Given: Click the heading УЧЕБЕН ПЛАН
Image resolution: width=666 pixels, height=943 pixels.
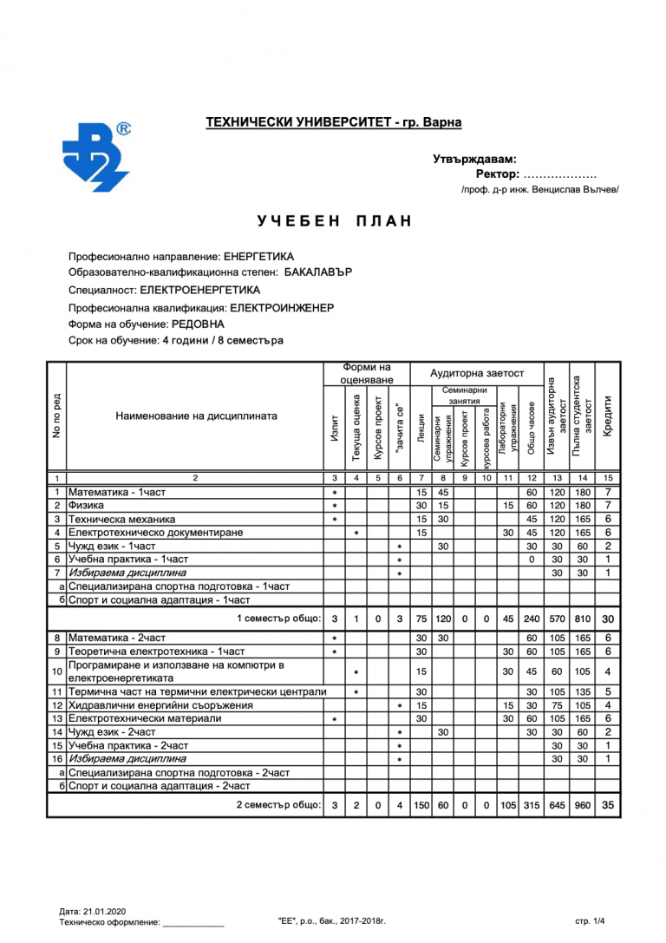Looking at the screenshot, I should [334, 221].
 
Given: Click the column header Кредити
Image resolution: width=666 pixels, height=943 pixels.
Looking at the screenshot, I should [608, 416].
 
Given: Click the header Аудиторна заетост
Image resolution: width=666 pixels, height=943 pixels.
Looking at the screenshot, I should [477, 373].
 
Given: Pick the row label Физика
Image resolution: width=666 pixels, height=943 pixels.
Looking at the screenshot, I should [87, 505].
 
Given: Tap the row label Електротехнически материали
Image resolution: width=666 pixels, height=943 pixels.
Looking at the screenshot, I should [145, 718].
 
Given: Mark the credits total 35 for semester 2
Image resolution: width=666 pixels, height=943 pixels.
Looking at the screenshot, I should [608, 805].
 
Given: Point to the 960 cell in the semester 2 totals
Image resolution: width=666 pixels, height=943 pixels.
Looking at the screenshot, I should [583, 806].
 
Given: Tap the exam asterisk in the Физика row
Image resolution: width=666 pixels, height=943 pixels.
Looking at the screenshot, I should [335, 506].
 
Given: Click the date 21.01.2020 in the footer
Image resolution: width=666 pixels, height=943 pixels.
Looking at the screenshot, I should [105, 911].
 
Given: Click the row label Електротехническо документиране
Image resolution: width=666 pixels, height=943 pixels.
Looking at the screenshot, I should [155, 532].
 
